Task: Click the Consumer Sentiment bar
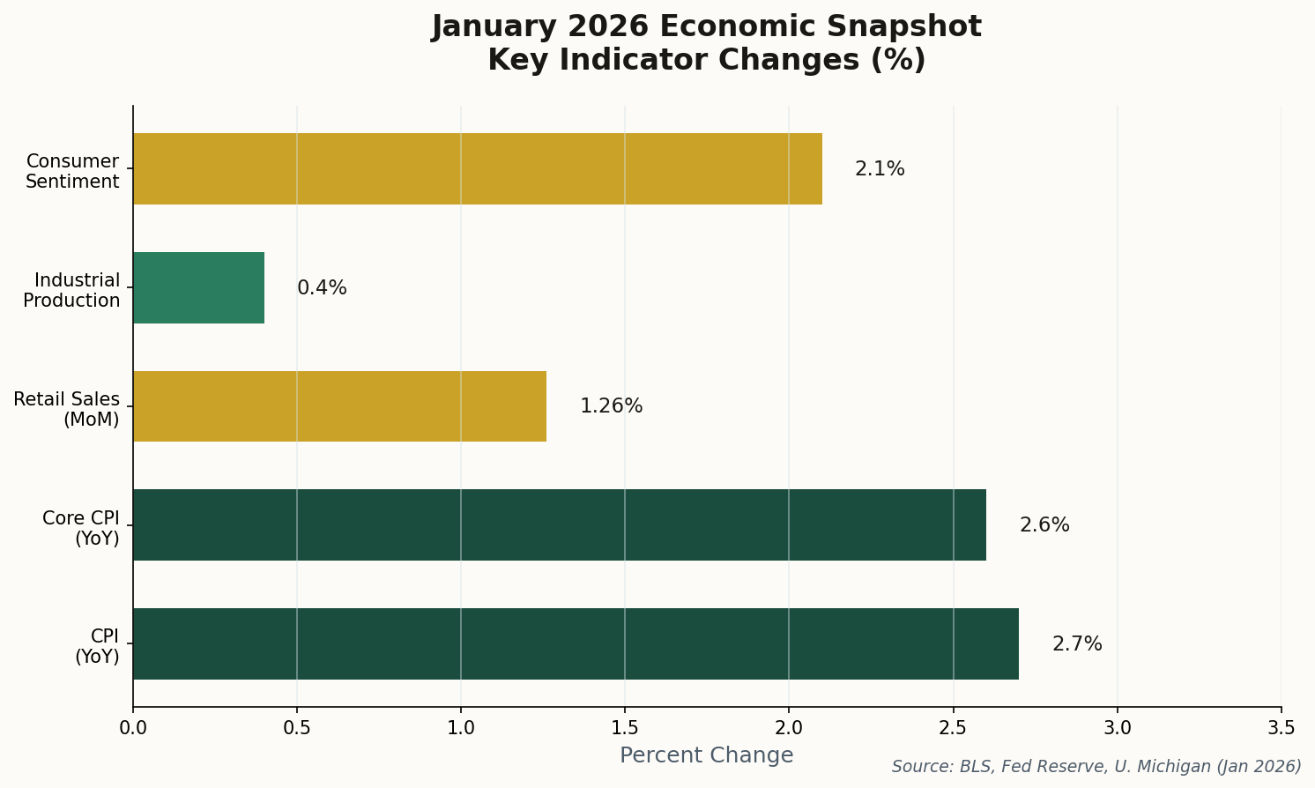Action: point(477,168)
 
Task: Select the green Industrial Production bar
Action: point(198,287)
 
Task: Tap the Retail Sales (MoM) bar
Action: point(339,406)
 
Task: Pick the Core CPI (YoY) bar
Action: point(559,524)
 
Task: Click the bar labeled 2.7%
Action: point(576,643)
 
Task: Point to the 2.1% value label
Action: point(880,169)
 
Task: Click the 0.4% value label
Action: point(322,288)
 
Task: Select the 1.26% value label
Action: point(611,406)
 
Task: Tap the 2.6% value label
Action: point(1044,525)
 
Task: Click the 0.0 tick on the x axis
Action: point(133,728)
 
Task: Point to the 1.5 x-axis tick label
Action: point(625,728)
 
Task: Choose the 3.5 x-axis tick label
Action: point(1281,728)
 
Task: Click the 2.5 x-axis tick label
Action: point(953,728)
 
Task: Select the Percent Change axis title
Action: point(706,755)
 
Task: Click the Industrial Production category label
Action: point(72,291)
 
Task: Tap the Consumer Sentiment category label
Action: point(72,172)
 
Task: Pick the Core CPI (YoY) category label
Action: point(81,528)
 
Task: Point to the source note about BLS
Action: point(1096,767)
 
